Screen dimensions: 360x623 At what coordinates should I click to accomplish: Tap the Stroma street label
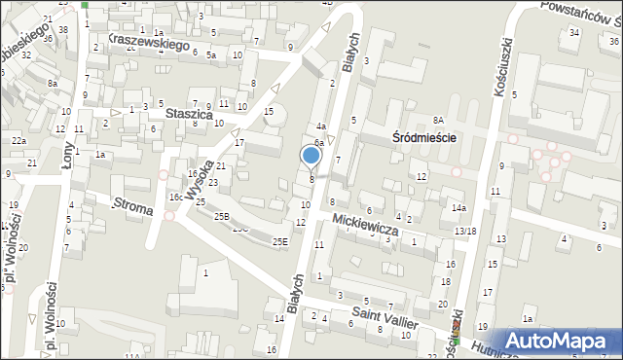point(132,204)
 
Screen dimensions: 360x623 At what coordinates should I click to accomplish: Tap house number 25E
point(280,240)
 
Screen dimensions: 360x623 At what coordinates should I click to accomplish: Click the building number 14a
point(458,208)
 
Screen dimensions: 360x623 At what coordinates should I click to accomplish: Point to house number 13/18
point(464,231)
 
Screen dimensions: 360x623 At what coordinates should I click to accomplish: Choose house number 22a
point(18,142)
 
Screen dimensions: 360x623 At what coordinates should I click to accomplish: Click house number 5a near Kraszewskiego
point(210,55)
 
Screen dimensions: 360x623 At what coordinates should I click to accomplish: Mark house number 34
point(574,33)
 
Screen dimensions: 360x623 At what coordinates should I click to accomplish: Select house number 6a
point(317,142)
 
